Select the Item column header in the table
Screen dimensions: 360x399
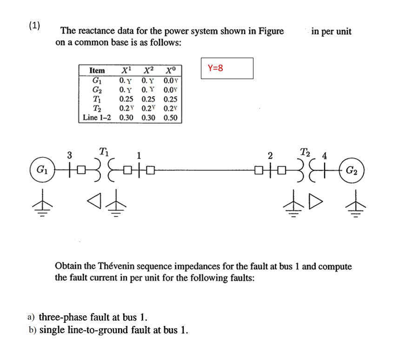(97, 70)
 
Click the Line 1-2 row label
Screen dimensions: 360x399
(97, 117)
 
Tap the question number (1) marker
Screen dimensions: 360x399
(34, 25)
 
